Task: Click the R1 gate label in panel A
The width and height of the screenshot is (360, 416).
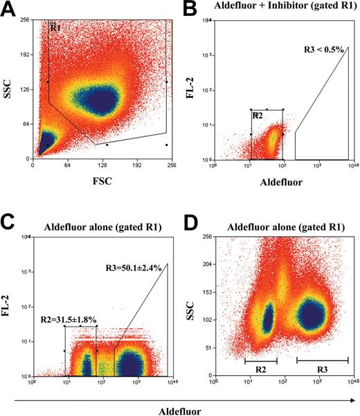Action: click(x=56, y=28)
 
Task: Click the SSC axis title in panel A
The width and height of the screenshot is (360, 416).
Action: click(x=10, y=89)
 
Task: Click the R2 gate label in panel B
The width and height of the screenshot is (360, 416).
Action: click(x=258, y=116)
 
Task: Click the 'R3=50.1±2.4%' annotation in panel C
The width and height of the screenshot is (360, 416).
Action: click(x=134, y=267)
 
